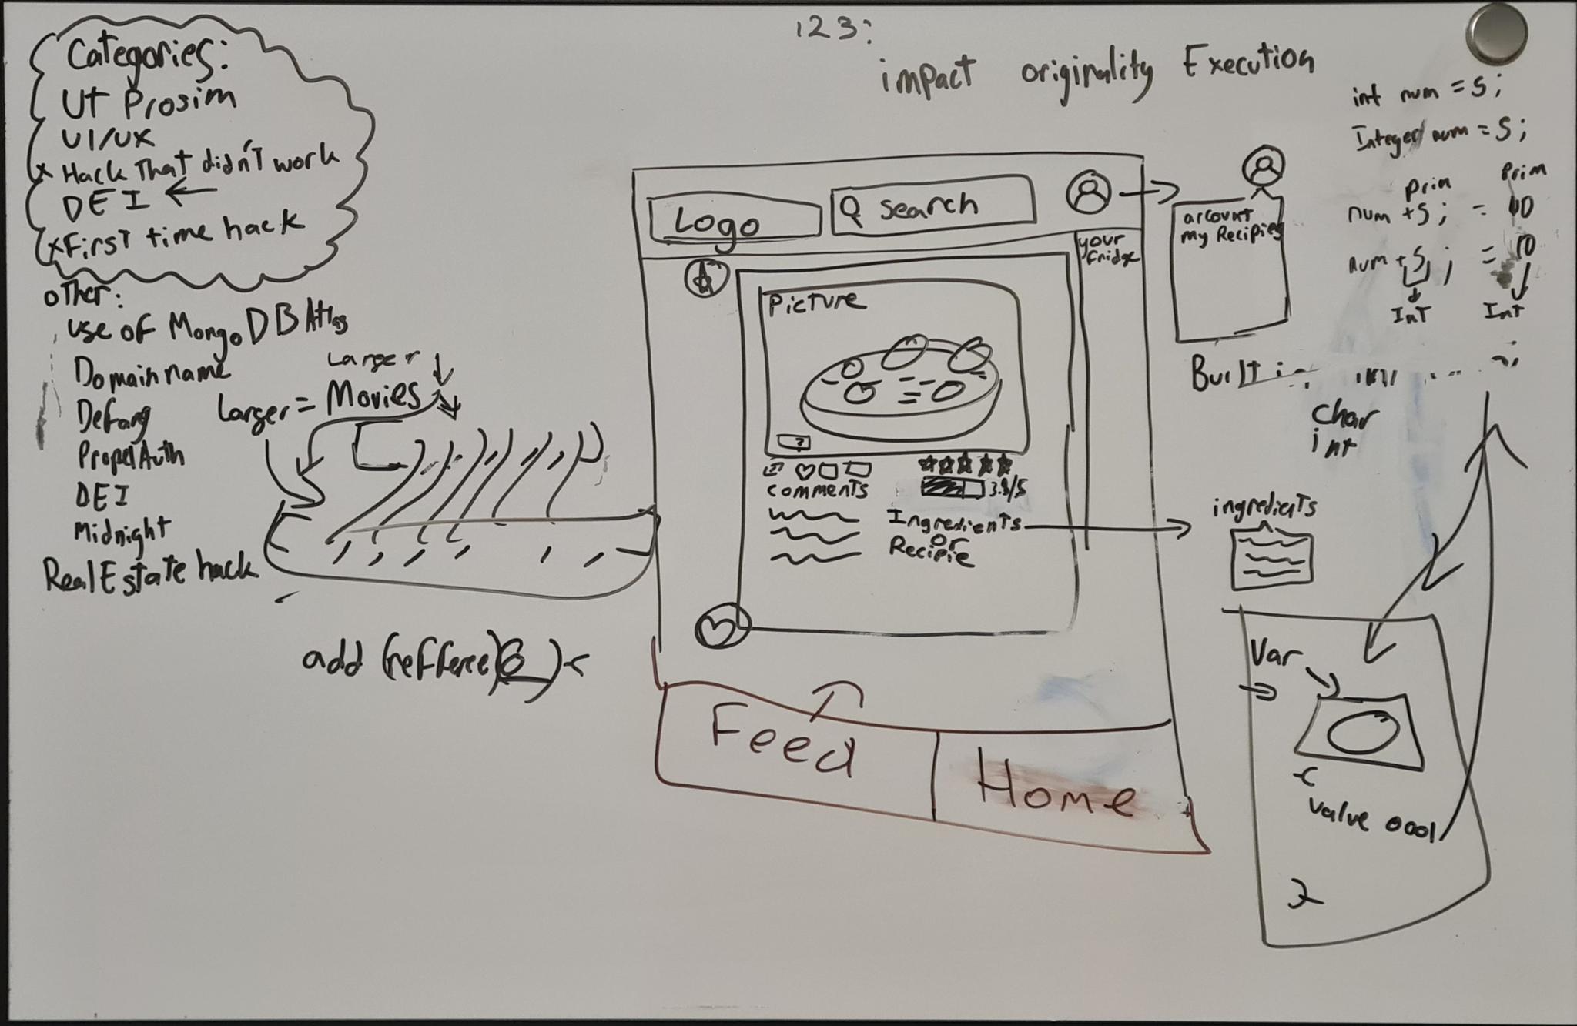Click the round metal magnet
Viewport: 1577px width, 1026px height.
(x=1497, y=34)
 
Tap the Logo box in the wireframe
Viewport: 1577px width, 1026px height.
(x=734, y=220)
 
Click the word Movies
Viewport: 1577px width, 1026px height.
(x=373, y=396)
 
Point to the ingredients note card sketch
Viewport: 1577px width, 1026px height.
(x=1271, y=557)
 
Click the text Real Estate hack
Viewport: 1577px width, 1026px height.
(x=150, y=570)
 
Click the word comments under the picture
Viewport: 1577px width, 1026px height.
(x=817, y=490)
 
